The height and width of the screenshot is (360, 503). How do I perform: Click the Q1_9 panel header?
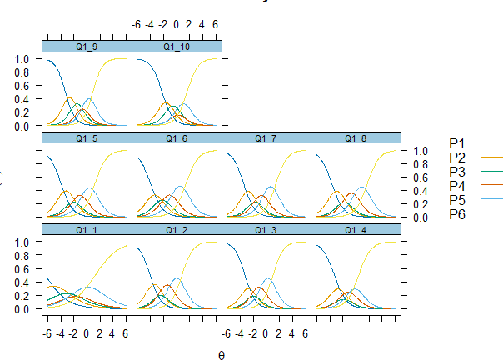point(87,47)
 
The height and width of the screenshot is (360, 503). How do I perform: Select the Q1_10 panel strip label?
point(177,47)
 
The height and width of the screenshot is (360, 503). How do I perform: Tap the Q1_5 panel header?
point(87,137)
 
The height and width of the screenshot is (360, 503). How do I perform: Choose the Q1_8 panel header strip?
point(356,137)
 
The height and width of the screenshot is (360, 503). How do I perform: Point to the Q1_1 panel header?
point(87,229)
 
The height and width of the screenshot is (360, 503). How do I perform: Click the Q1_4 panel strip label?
point(356,229)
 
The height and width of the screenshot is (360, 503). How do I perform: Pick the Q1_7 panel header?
point(266,137)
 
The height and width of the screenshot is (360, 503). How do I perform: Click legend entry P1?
point(457,143)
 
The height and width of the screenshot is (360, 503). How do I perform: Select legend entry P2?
point(457,157)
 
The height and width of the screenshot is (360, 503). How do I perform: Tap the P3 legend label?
point(457,172)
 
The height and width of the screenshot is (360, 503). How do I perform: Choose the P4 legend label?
point(457,187)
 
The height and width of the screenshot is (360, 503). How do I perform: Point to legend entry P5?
point(457,201)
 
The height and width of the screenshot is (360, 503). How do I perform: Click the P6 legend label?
point(457,216)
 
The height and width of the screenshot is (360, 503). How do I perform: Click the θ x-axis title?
point(222,354)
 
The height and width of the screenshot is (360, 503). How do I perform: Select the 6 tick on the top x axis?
point(215,25)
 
